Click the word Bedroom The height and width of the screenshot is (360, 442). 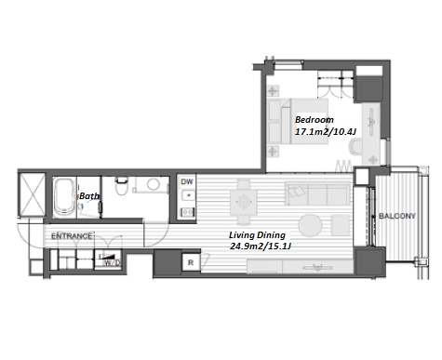315,120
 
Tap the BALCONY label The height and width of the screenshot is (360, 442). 397,216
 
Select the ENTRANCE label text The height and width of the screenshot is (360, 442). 72,236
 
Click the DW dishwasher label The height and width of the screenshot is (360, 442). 187,181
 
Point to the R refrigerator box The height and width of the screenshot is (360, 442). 191,262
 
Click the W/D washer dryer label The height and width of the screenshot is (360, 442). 112,263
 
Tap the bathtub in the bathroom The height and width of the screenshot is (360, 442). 64,197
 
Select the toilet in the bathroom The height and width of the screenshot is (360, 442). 121,186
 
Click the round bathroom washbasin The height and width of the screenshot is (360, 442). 154,184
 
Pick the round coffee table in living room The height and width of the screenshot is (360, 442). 311,225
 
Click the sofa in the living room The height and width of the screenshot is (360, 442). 317,194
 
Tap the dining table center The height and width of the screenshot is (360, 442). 244,202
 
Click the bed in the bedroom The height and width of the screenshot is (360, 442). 299,121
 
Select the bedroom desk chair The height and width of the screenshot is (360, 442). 356,147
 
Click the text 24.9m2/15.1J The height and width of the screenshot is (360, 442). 261,247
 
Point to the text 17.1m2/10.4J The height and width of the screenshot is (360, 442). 325,132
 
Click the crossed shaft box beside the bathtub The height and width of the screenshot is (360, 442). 32,193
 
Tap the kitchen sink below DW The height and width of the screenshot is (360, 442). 188,195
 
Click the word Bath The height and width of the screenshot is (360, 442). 89,196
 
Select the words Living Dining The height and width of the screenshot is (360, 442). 257,235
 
